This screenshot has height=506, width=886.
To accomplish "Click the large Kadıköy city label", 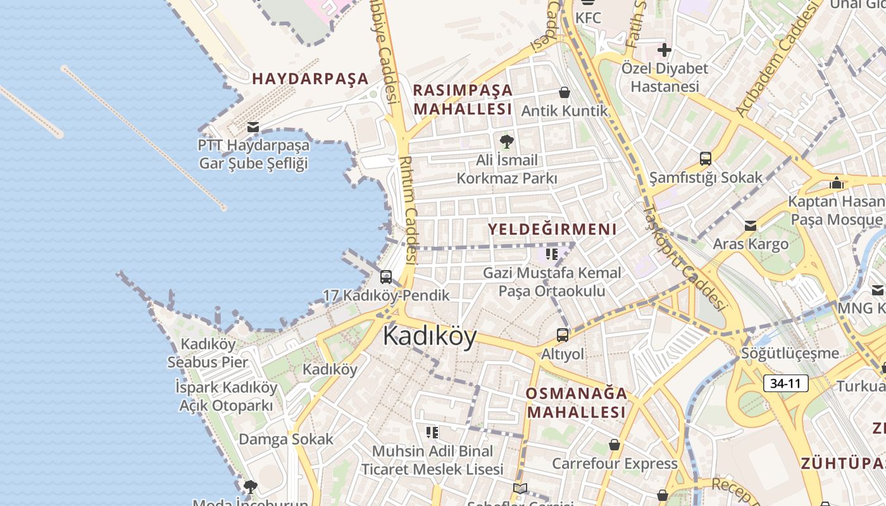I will click(430, 336).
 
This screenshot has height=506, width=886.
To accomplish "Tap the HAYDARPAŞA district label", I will click(310, 78).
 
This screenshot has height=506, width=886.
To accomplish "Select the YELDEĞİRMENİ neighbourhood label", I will click(552, 229).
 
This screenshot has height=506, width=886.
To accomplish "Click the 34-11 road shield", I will click(785, 383).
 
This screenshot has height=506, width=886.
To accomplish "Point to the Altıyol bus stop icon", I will click(562, 335).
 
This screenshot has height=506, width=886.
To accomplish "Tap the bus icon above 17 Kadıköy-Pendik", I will click(385, 277).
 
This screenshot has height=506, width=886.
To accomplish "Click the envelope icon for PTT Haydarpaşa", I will click(253, 127).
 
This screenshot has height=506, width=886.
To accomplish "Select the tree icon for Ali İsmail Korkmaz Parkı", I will click(506, 141).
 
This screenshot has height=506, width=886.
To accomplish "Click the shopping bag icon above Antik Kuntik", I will click(565, 92).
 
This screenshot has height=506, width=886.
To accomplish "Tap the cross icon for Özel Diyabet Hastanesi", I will click(664, 49).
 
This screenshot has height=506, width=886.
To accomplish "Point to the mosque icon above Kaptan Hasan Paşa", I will click(837, 183).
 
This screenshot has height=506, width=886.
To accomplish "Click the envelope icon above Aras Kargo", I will click(751, 226).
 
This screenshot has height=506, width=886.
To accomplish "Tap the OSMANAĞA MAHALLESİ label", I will click(577, 403).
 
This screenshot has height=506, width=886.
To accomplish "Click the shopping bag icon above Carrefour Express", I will click(614, 445).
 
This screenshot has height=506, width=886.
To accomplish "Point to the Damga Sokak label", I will click(285, 439).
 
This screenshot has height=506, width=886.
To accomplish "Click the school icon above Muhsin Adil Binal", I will click(432, 433).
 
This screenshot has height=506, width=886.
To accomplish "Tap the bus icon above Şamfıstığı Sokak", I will click(706, 159).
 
